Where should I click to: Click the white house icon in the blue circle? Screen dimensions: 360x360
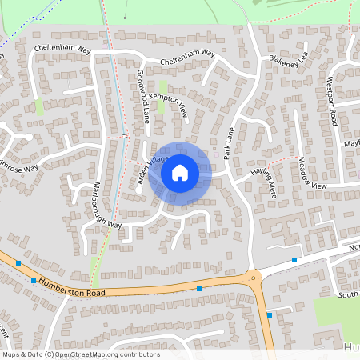click(x=180, y=172)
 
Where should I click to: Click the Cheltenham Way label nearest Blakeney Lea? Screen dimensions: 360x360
click(x=188, y=58)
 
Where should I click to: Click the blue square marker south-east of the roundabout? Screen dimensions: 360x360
click(x=270, y=315)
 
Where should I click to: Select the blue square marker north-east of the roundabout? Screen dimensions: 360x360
click(x=294, y=260)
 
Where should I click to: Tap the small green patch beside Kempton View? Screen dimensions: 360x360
click(x=163, y=86)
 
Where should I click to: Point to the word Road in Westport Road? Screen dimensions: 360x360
click(x=334, y=116)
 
